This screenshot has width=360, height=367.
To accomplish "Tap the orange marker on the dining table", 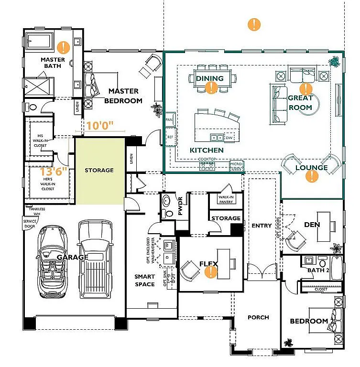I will pos(211,87).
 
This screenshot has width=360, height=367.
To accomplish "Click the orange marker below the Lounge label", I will pos(312,176).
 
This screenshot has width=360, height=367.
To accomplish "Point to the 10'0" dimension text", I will pos(100,126).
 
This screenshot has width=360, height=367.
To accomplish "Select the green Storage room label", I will pos(99,170).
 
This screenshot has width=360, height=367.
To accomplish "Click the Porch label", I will pos(258,317).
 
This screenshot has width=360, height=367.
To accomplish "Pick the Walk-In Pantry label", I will pos(226,199).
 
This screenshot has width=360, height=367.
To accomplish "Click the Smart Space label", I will pos(144,281).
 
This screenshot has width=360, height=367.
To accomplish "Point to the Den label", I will pos(312,225).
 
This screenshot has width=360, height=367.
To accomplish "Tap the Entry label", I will pos(262,226).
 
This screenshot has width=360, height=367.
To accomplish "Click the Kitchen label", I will pos(207,150).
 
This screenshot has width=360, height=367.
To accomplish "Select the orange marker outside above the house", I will pos(254,24).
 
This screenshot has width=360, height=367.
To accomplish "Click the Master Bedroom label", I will pos(123,96).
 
